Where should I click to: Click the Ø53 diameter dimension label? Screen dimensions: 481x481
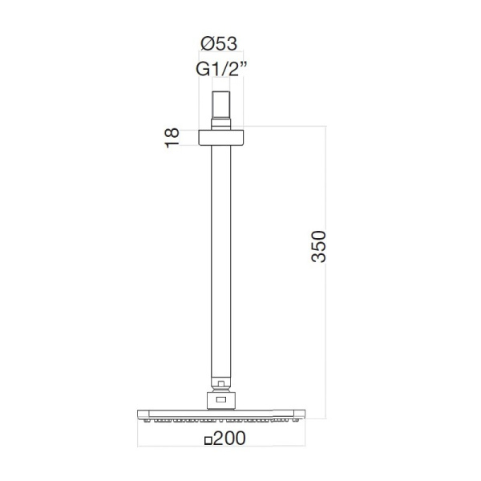coord(219,43)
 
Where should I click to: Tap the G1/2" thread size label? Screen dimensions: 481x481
coord(221,70)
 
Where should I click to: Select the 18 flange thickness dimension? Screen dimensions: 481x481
coord(172,138)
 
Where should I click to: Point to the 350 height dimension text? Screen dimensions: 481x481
coord(318,246)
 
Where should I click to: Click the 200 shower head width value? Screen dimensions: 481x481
coord(229,438)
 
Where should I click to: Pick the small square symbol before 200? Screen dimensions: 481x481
coord(208,441)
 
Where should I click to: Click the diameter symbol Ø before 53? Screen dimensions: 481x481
coord(207,43)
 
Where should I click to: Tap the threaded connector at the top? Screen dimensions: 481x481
coord(221,106)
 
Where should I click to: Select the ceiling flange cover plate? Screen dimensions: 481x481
coord(221,138)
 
